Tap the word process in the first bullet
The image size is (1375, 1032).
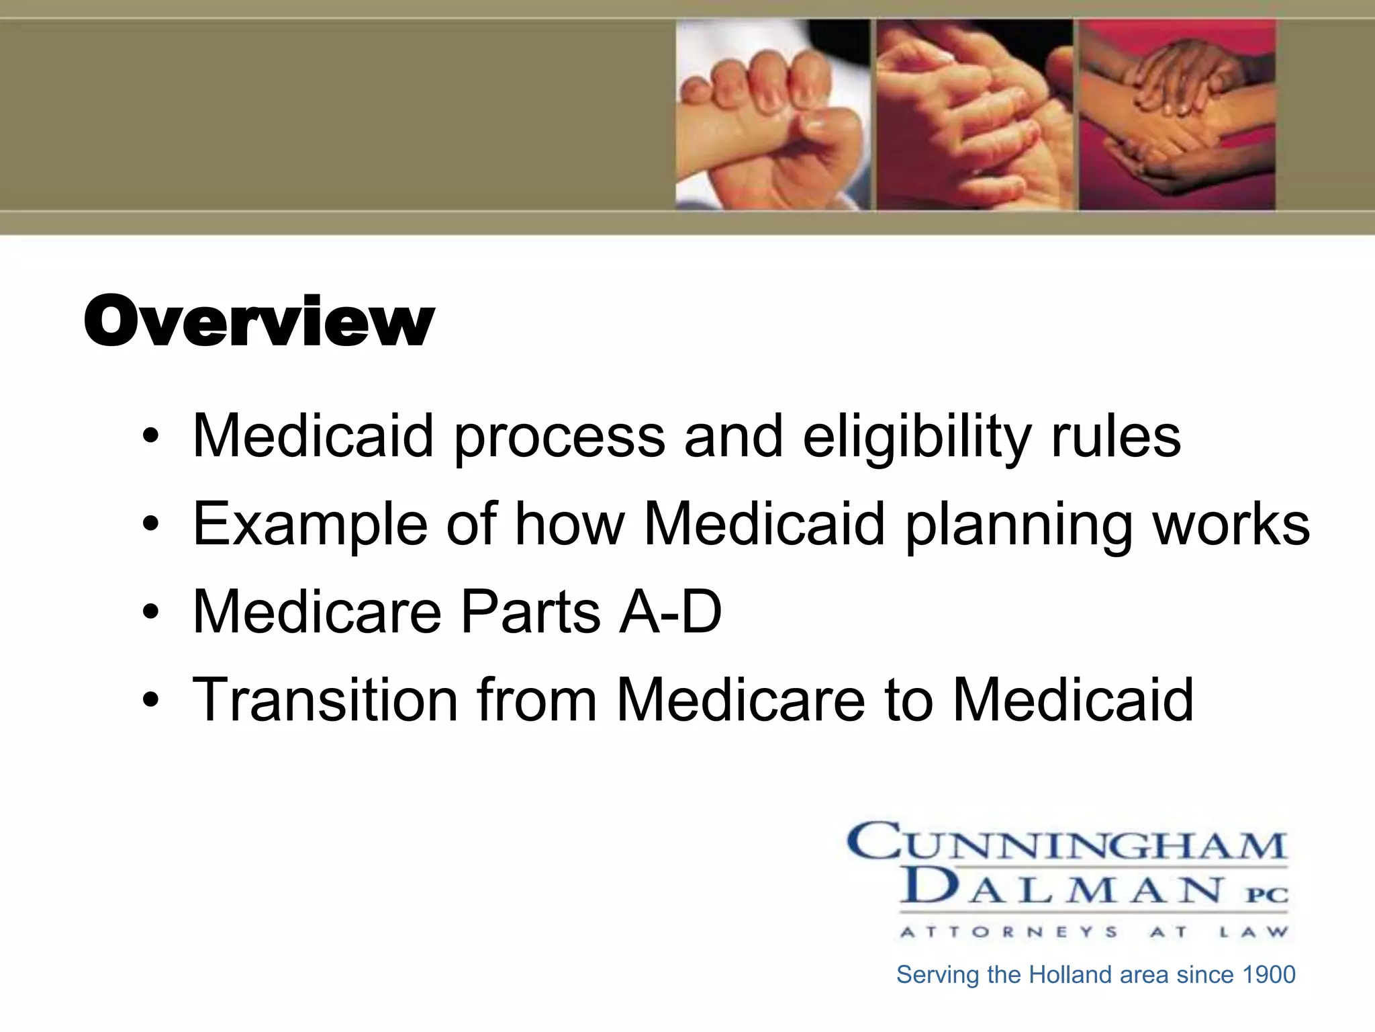(560, 438)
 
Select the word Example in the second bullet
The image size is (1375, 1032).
(310, 525)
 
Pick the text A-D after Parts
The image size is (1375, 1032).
(670, 611)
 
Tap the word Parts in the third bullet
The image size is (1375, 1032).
(530, 611)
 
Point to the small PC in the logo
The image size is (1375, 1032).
(1268, 895)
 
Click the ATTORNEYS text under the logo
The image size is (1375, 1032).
(1009, 932)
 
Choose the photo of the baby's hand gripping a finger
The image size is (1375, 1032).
(772, 114)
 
